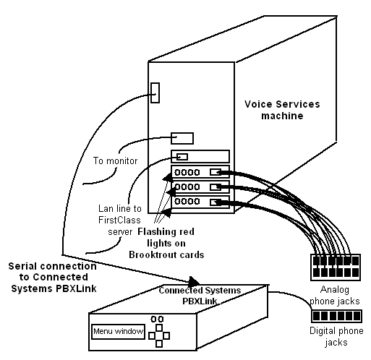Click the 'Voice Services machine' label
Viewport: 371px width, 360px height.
[282, 110]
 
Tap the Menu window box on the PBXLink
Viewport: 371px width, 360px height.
[118, 332]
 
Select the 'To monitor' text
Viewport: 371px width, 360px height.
[115, 160]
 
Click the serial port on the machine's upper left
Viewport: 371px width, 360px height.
[155, 93]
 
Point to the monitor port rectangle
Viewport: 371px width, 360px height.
[182, 138]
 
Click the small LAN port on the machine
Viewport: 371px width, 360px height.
[182, 157]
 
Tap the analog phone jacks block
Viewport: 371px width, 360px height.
[336, 267]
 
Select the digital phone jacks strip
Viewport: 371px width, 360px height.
[336, 316]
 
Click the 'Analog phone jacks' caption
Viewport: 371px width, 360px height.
[335, 295]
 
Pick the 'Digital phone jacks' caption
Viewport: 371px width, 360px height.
[336, 336]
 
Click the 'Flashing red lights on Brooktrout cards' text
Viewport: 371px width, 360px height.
[166, 243]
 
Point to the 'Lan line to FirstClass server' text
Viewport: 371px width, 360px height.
[120, 220]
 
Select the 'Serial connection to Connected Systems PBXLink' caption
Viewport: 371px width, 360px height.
[53, 277]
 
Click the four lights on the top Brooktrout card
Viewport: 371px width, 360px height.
[187, 172]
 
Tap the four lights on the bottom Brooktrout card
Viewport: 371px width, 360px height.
[187, 201]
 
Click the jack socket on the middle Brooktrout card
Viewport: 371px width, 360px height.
[216, 187]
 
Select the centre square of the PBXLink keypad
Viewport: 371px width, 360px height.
[159, 335]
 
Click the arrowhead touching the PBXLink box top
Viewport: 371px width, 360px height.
[194, 281]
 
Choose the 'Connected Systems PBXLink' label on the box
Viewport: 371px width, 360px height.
[200, 296]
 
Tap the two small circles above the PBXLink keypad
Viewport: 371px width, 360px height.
[157, 320]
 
